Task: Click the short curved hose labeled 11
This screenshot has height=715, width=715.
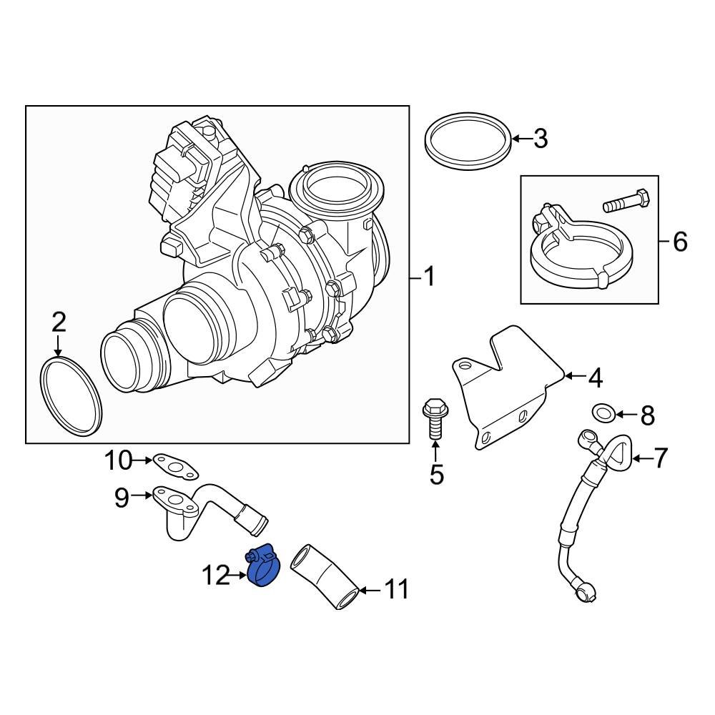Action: point(326,576)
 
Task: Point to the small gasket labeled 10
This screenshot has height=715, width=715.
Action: point(175,465)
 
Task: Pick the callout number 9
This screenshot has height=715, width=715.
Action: point(121,497)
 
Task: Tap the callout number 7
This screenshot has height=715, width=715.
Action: point(659,458)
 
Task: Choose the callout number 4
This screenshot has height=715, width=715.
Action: point(595,377)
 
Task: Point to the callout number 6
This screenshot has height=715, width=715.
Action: point(679,242)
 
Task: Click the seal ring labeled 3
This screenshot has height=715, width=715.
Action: point(469,141)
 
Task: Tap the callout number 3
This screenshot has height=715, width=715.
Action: point(541,139)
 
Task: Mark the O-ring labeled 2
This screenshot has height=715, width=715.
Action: point(71,397)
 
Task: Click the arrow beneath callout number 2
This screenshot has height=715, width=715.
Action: point(58,346)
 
